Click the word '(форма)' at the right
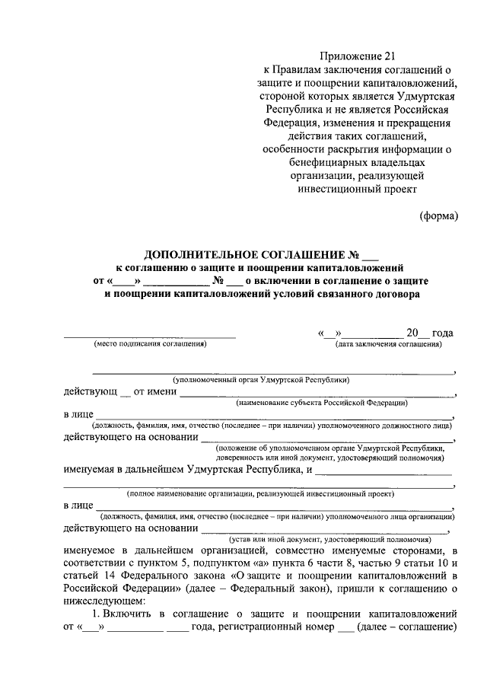[x=439, y=215]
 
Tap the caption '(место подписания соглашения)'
[x=149, y=344]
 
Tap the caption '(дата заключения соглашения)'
[x=389, y=344]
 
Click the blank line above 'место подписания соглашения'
[x=149, y=336]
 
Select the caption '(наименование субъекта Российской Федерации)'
[x=322, y=402]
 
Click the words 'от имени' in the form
[x=155, y=393]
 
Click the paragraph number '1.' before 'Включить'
[x=96, y=613]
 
